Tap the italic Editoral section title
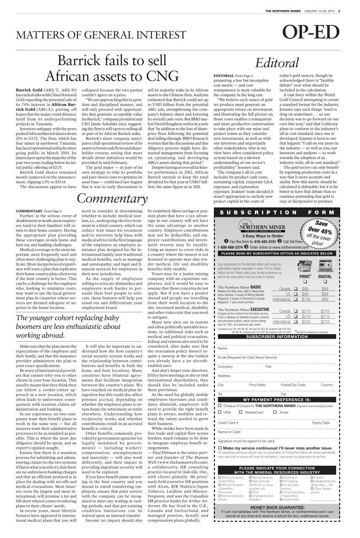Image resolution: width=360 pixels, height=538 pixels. click(x=278, y=62)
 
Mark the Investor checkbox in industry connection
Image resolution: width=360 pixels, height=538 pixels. click(x=312, y=478)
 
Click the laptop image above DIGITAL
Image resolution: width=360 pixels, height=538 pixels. click(x=324, y=266)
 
